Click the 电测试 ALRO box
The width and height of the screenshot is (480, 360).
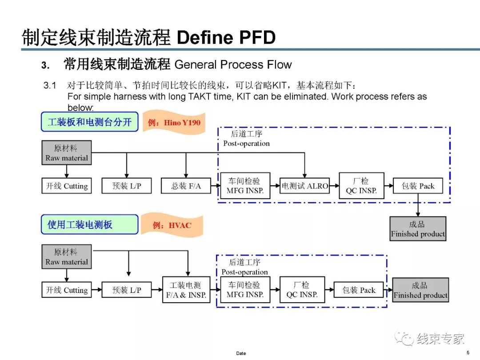[304, 186]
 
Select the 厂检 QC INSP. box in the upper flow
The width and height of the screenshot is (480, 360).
[361, 186]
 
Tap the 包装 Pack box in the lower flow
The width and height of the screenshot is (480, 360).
[359, 290]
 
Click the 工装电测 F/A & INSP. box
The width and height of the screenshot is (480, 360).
[186, 290]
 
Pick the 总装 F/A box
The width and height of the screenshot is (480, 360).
[186, 186]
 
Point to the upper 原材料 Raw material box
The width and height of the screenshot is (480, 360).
[67, 153]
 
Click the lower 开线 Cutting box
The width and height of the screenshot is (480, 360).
[67, 290]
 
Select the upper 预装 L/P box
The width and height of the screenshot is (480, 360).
[127, 186]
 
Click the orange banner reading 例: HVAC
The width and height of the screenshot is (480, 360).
[172, 225]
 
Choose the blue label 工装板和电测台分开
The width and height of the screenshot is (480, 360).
[90, 122]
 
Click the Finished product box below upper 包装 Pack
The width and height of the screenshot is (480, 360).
[418, 229]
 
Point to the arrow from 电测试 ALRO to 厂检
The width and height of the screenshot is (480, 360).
[334, 186]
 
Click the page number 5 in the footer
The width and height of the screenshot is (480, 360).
[468, 352]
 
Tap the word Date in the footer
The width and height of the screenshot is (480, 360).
[241, 353]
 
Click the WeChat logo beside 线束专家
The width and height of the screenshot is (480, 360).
[404, 339]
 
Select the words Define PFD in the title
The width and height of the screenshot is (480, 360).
[226, 38]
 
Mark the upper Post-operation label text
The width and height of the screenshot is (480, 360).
[246, 144]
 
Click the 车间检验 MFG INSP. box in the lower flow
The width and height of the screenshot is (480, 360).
[245, 290]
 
